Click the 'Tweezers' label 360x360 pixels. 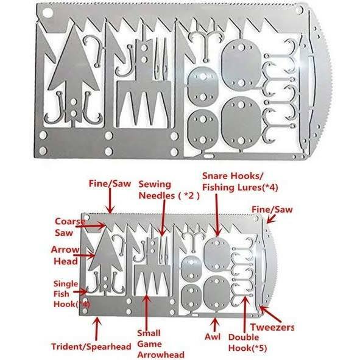tap(272, 327)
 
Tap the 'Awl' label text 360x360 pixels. tap(213, 337)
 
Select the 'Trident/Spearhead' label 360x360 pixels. tap(91, 347)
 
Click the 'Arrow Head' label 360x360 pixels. tap(65, 256)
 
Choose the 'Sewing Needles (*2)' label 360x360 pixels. tap(169, 190)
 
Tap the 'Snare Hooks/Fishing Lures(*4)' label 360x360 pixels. tap(240, 182)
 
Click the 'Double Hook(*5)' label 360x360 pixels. tap(247, 343)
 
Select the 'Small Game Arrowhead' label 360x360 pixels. tap(161, 344)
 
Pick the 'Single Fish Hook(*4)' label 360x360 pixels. tap(71, 294)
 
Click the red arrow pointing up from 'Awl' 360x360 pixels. tap(215, 324)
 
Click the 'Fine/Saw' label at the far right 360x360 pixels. tap(272, 210)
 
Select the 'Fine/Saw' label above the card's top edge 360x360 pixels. tap(110, 183)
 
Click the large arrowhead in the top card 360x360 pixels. tap(74, 69)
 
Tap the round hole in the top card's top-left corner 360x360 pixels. tap(48, 13)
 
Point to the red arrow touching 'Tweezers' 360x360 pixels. tap(270, 313)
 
